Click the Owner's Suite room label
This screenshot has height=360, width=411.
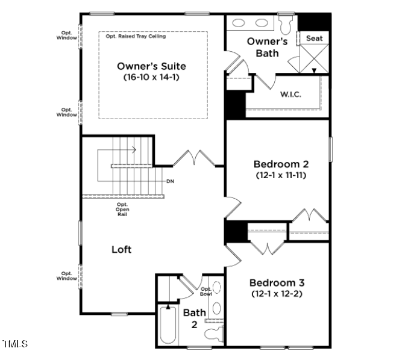[x=151, y=66]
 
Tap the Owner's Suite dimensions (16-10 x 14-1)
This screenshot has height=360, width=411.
[x=151, y=77]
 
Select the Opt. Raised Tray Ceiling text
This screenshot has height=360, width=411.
[x=136, y=36]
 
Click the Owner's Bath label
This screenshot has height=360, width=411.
[x=267, y=47]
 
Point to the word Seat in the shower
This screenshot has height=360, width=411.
[x=314, y=39]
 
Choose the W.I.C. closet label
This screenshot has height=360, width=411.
[x=290, y=95]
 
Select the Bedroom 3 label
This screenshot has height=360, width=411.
[x=277, y=282]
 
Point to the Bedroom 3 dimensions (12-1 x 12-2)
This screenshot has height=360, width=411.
[x=277, y=294]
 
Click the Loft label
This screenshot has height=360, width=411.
[x=121, y=249]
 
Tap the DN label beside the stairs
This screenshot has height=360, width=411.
[x=171, y=181]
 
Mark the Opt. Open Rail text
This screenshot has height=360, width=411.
[x=122, y=209]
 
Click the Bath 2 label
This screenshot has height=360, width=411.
[x=195, y=318]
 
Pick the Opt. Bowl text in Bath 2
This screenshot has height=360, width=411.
[x=205, y=291]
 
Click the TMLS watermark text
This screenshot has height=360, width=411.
[x=15, y=344]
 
